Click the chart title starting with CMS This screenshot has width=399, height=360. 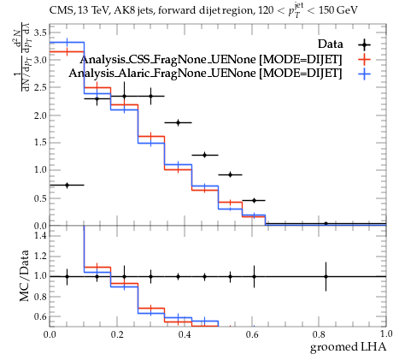click(x=203, y=11)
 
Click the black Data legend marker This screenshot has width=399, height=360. click(x=364, y=44)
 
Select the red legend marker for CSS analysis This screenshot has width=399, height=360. click(x=364, y=60)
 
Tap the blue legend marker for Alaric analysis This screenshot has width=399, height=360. click(x=364, y=74)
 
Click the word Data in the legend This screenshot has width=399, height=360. click(x=331, y=44)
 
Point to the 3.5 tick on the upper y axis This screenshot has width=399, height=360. click(x=40, y=32)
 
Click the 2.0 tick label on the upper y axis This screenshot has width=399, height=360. click(x=40, y=115)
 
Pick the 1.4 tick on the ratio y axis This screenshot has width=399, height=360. click(x=40, y=235)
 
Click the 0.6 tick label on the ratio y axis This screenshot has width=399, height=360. click(x=40, y=316)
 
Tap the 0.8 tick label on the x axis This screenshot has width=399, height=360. click(x=319, y=334)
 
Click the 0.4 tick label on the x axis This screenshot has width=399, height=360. click(x=185, y=334)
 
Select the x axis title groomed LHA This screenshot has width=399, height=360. click(x=348, y=347)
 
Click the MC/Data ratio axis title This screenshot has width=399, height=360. click(x=25, y=275)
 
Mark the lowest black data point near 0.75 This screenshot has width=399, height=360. click(x=67, y=185)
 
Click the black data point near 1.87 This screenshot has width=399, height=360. click(x=179, y=122)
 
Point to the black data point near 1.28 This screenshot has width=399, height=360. click(x=204, y=155)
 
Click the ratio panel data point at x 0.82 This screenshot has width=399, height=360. click(x=326, y=276)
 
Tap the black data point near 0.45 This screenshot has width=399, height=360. click(x=254, y=200)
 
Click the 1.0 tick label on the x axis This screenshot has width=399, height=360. click(x=386, y=334)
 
